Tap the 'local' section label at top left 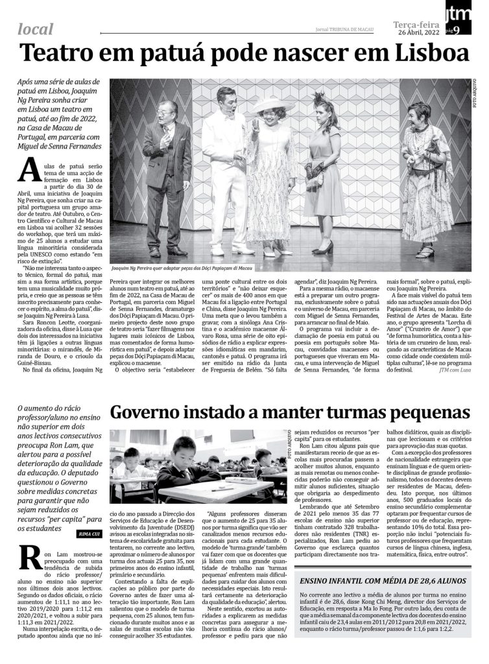click(36, 29)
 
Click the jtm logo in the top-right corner click(457, 12)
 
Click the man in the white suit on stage click(224, 169)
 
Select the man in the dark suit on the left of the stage click(167, 175)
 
